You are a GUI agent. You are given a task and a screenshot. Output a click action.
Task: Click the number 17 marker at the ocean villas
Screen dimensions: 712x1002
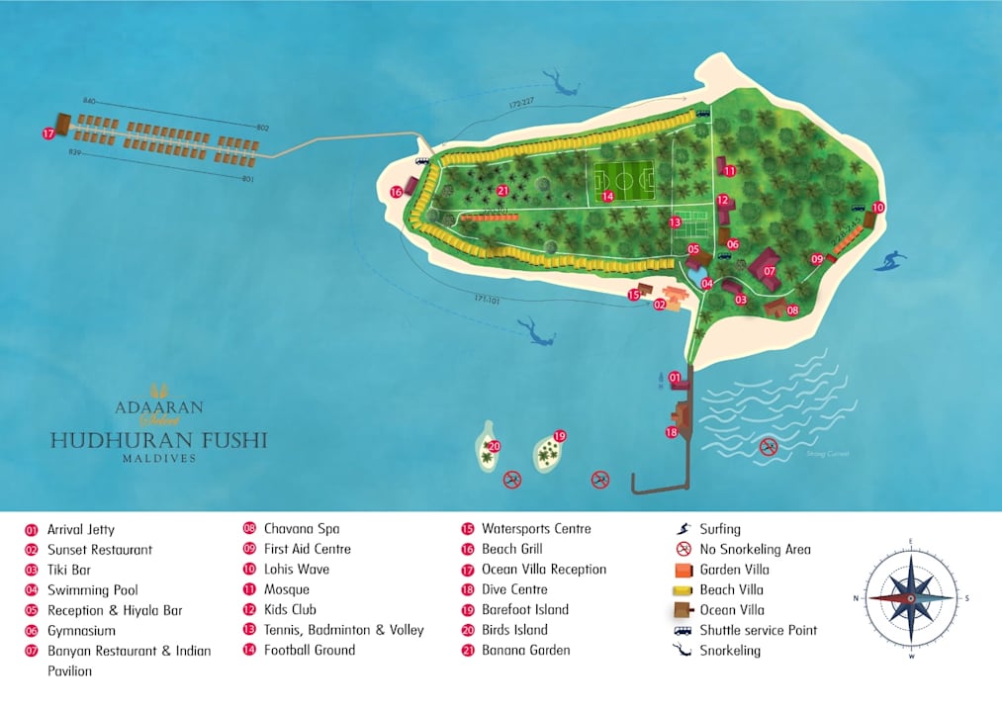point(47,133)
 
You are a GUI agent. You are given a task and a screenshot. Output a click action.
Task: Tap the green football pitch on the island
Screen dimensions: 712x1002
point(622,179)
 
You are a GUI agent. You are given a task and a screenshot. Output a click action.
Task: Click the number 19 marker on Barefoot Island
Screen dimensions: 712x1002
point(559,436)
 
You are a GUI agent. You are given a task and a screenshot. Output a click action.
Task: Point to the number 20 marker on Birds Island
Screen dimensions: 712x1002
point(495,446)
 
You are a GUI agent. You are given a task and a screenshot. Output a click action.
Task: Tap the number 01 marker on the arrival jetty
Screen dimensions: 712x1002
point(676,377)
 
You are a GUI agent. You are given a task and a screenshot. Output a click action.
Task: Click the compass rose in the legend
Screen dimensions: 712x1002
point(911,598)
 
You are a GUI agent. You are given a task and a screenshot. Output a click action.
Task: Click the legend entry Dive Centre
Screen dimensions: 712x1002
point(515,589)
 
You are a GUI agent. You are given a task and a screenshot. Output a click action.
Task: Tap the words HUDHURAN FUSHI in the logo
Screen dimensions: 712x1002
point(158,440)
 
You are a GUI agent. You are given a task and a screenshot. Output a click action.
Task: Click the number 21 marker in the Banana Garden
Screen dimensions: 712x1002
point(503,191)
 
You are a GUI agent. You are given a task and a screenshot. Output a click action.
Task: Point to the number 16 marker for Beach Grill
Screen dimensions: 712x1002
point(397,192)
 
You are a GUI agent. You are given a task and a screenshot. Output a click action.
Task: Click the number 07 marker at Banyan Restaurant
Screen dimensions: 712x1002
point(769,270)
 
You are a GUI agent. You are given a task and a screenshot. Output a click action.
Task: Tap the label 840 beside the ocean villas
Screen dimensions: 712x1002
point(90,102)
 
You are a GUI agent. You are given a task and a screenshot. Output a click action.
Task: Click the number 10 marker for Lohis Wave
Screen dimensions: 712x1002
point(878,208)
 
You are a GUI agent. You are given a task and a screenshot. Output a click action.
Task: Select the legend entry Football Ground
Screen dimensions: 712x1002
point(310,651)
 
